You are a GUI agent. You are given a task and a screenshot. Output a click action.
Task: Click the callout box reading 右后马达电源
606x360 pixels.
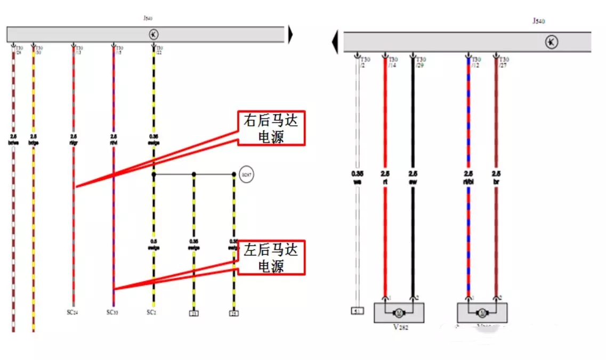pos(271,128)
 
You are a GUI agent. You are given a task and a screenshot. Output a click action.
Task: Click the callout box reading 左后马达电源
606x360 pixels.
pos(271,257)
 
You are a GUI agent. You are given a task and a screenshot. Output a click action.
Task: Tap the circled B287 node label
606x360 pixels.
pos(246,174)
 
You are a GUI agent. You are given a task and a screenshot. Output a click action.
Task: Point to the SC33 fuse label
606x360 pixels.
pos(112,313)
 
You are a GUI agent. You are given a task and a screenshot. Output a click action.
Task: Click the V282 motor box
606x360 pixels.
pos(400,313)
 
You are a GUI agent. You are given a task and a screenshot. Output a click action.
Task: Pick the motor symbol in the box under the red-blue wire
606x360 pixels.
pos(483,313)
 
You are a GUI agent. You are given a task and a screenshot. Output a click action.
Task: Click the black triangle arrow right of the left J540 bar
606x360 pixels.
pos(290,35)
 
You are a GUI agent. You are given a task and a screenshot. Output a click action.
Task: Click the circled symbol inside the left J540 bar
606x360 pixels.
pos(153,35)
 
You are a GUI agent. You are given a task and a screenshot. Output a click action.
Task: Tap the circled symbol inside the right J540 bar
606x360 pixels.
pos(552,42)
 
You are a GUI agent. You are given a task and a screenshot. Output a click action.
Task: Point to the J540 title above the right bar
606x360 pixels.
pos(539,21)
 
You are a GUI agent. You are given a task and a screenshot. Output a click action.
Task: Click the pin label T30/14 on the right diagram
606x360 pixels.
pos(393,62)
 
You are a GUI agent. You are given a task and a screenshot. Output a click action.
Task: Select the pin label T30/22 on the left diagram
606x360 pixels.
pos(159,50)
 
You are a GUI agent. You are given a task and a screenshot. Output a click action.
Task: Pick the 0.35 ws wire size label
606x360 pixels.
pos(357,177)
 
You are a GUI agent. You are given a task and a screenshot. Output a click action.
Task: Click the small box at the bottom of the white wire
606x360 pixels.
pos(356,311)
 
